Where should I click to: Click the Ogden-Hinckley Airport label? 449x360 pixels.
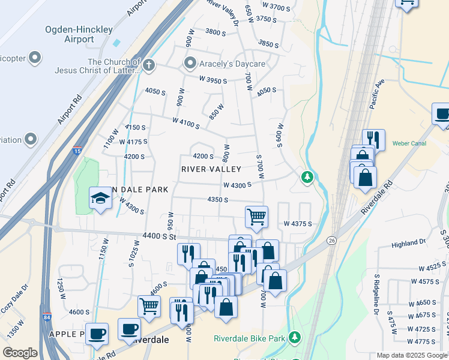[70, 34]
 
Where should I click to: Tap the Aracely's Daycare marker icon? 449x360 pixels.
[191, 63]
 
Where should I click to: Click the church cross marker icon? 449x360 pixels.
[148, 64]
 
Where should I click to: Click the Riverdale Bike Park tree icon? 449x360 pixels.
[294, 338]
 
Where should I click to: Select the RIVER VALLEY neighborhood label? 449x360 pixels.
[211, 170]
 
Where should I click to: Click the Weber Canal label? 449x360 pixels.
[408, 144]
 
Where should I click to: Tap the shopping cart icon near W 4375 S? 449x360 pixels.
[256, 217]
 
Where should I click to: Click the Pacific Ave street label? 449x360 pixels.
[377, 95]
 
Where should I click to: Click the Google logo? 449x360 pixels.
[20, 353]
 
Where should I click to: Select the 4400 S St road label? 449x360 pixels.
[159, 236]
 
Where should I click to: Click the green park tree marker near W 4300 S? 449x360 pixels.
[307, 177]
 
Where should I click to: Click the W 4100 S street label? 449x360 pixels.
[185, 122]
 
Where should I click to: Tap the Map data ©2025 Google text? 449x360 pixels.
[412, 355]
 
